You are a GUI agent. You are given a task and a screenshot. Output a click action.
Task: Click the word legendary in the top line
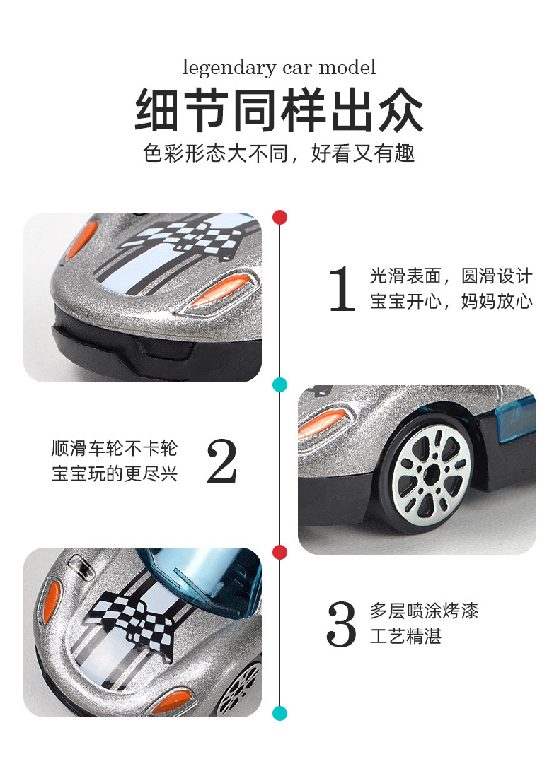(x=219, y=69)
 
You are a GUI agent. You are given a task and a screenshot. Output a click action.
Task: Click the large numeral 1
(x=342, y=289)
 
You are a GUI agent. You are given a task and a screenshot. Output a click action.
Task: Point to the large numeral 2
(x=221, y=461)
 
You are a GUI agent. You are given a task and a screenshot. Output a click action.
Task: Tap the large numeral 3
(x=342, y=623)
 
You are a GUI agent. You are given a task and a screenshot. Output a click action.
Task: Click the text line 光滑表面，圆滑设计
(x=451, y=276)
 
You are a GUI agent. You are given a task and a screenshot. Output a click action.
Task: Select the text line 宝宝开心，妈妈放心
(x=451, y=302)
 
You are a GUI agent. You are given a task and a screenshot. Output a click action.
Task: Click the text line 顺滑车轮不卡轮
(x=115, y=448)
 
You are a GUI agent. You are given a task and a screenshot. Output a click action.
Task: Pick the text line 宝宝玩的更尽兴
(x=115, y=473)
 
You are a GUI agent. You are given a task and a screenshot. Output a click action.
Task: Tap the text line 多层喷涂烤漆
(x=425, y=610)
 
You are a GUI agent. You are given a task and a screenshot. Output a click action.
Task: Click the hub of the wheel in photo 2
(x=431, y=470)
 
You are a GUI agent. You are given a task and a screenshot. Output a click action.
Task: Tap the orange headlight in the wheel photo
(x=322, y=423)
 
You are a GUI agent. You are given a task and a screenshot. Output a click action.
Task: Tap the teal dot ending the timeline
(x=280, y=713)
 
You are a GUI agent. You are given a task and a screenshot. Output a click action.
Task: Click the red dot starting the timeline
(x=280, y=217)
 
